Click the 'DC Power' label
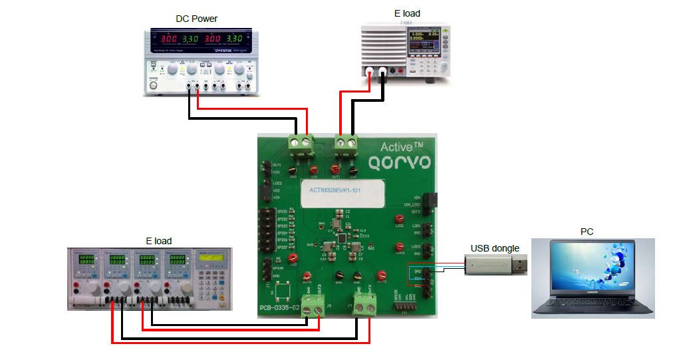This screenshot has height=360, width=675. pos(196,18)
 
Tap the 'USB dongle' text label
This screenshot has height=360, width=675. pos(495,248)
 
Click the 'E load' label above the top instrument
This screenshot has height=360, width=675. pos(407,13)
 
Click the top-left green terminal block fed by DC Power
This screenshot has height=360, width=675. pos(301,142)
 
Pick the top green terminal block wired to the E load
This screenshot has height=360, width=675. pos(346,142)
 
